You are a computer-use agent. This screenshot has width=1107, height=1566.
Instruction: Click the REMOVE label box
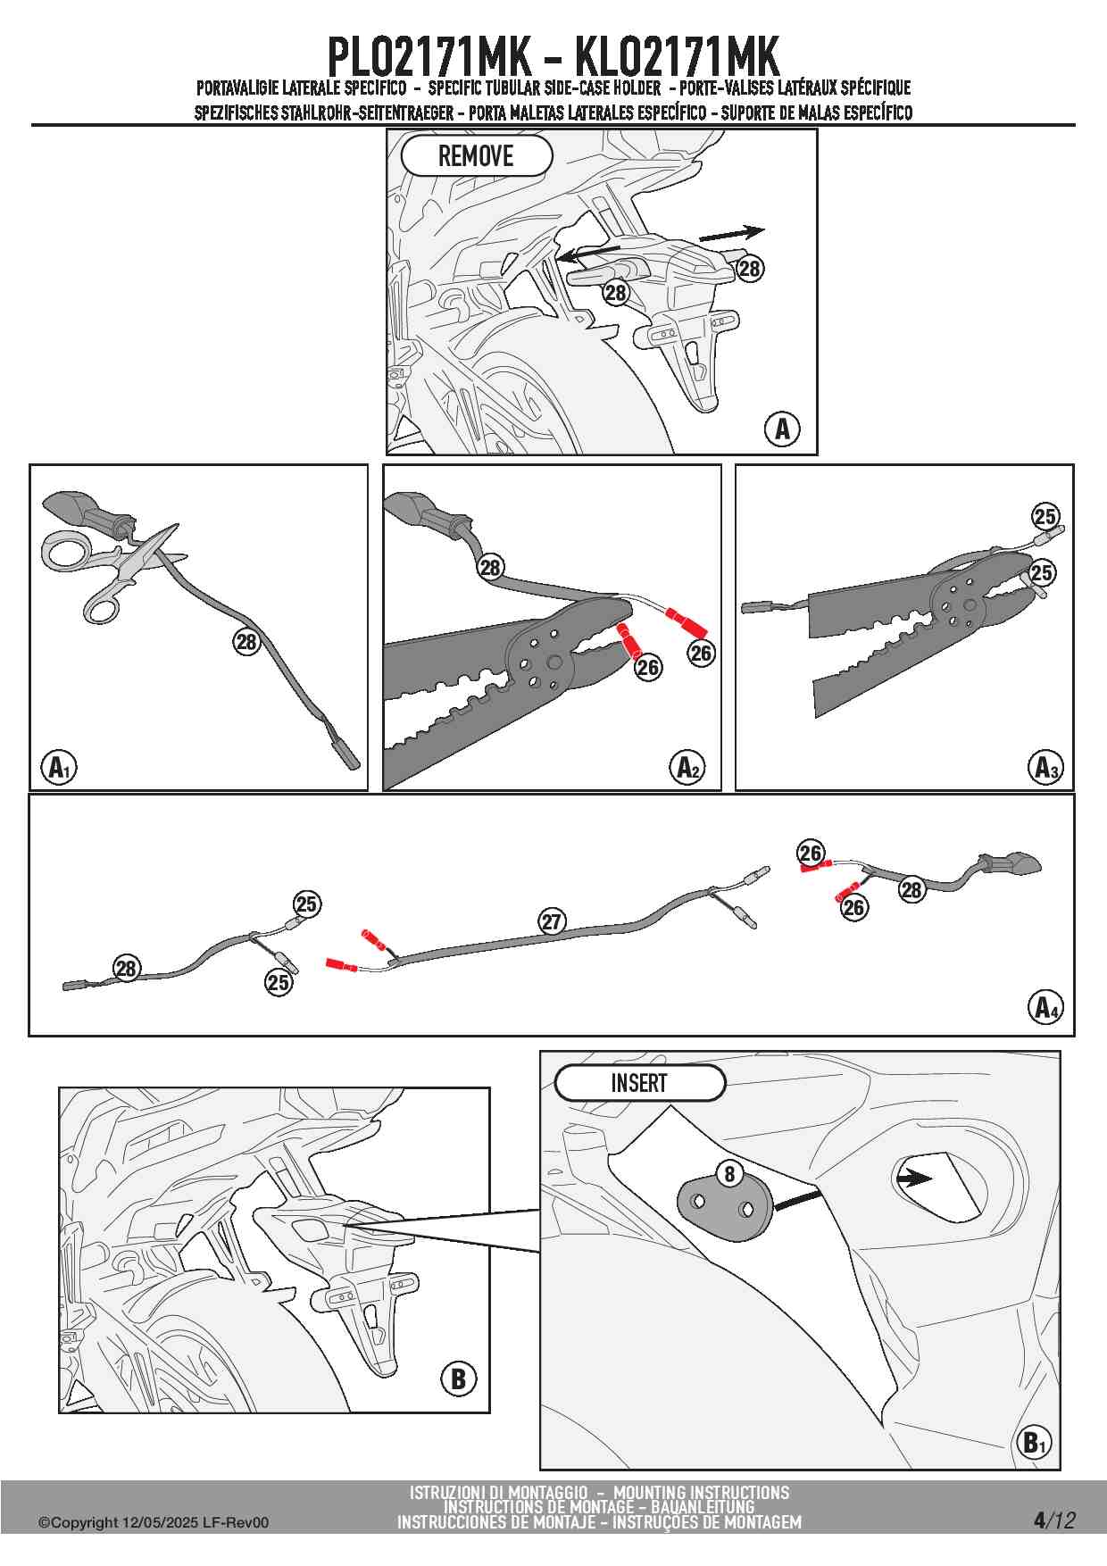pyautogui.click(x=477, y=156)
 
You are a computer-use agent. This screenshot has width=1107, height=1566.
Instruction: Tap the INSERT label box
pyautogui.click(x=639, y=1083)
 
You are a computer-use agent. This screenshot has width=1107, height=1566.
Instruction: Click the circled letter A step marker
pyautogui.click(x=782, y=429)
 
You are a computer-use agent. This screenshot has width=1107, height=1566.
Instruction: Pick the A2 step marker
pyautogui.click(x=688, y=767)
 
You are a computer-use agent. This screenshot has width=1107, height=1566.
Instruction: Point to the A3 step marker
pyautogui.click(x=1045, y=767)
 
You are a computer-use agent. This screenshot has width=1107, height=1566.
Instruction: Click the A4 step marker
pyautogui.click(x=1045, y=1007)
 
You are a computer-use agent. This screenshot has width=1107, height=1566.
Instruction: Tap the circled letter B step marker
pyautogui.click(x=458, y=1379)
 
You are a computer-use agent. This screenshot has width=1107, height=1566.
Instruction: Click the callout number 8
pyautogui.click(x=729, y=1173)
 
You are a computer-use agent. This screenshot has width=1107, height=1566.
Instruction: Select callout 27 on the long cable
pyautogui.click(x=552, y=921)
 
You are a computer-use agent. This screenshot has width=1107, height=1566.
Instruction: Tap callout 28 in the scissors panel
pyautogui.click(x=246, y=641)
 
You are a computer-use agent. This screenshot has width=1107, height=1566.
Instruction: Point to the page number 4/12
pyautogui.click(x=1054, y=1520)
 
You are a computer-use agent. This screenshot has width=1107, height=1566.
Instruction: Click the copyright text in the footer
pyautogui.click(x=153, y=1523)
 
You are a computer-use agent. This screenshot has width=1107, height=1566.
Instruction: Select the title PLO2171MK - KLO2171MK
pyautogui.click(x=553, y=57)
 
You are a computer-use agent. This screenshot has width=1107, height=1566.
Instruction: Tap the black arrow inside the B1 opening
pyautogui.click(x=913, y=1179)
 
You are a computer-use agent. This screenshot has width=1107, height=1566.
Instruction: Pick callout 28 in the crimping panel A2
pyautogui.click(x=490, y=567)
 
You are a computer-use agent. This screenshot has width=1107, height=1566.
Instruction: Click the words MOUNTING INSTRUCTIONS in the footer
pyautogui.click(x=701, y=1492)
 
